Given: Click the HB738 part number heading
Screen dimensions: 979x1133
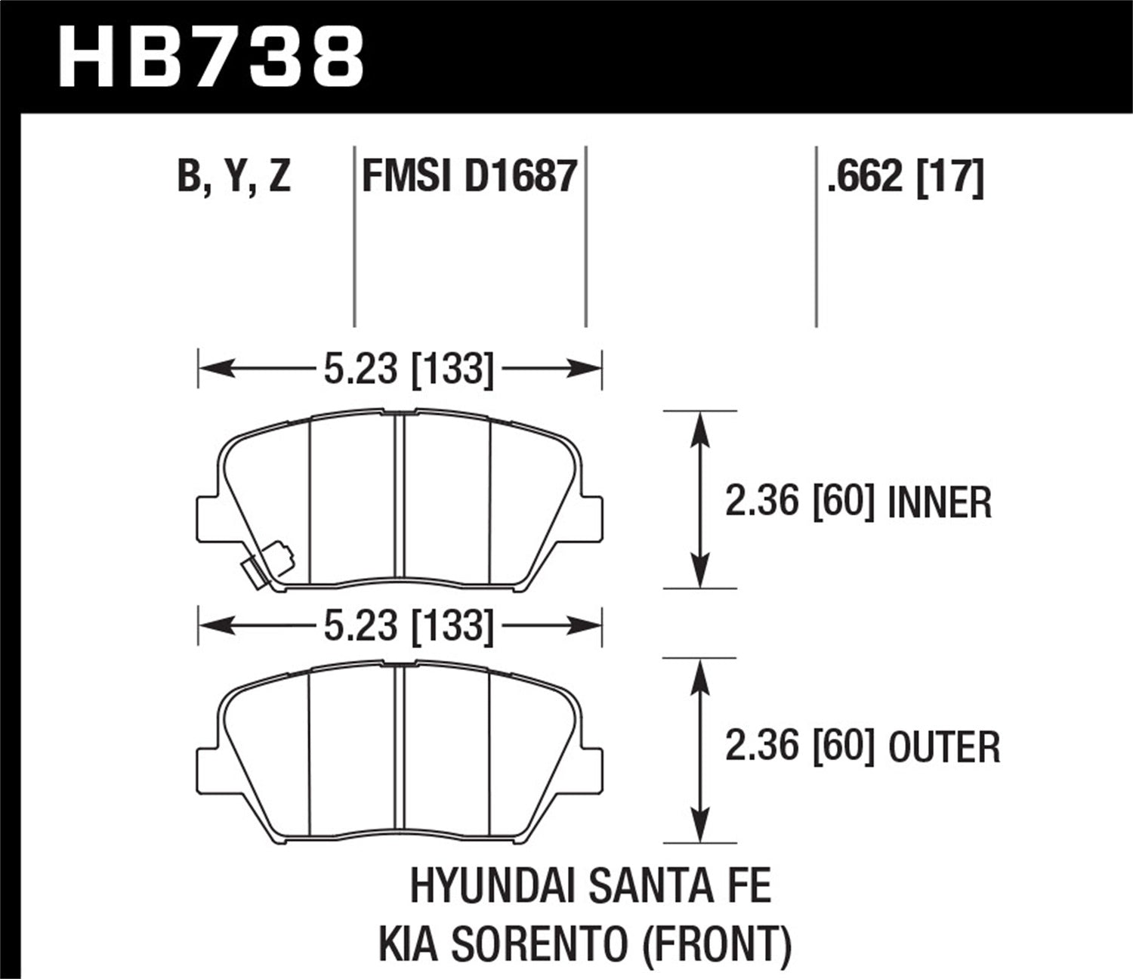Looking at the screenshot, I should click(x=211, y=57).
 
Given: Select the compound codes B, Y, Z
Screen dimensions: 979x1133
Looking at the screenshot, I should click(x=233, y=177).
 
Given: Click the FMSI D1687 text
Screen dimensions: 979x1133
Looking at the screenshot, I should click(x=469, y=177).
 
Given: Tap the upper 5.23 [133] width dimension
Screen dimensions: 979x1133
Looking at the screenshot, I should click(x=408, y=369).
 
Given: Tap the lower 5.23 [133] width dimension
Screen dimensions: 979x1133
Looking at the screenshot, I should click(x=408, y=626).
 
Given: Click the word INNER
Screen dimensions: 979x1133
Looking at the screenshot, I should click(x=939, y=503).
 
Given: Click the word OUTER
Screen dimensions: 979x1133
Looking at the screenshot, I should click(x=943, y=747).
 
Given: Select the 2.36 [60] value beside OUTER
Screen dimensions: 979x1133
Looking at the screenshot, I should click(x=799, y=746).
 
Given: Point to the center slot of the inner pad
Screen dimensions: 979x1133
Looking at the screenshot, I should click(x=400, y=499).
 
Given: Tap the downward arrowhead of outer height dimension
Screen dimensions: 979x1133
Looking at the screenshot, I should click(x=701, y=827).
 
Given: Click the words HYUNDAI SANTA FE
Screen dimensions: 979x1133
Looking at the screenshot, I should click(x=590, y=885).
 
